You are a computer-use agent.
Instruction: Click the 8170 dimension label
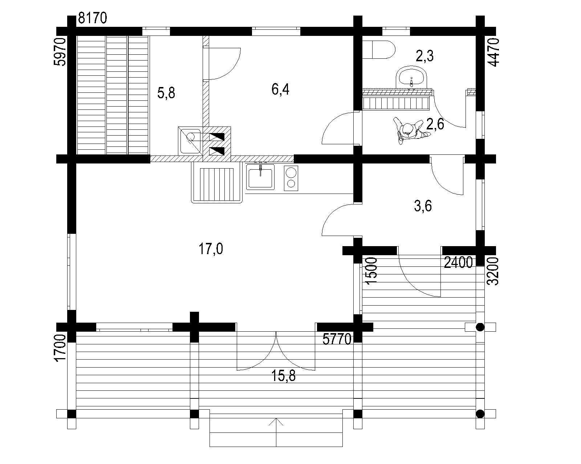click(x=93, y=18)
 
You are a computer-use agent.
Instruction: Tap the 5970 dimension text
click(x=60, y=52)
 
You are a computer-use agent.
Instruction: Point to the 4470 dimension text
click(x=494, y=52)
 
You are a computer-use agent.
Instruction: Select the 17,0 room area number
click(x=211, y=249)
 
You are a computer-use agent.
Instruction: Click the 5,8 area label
click(x=166, y=93)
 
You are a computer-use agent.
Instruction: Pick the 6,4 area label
click(x=280, y=90)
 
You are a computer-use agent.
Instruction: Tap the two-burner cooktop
click(x=291, y=178)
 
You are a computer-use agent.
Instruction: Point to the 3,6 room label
click(x=423, y=207)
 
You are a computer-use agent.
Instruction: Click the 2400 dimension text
click(x=458, y=262)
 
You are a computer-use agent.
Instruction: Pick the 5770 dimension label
click(x=337, y=339)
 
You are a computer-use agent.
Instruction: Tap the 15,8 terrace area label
click(x=284, y=376)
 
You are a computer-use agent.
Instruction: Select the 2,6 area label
click(x=435, y=124)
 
